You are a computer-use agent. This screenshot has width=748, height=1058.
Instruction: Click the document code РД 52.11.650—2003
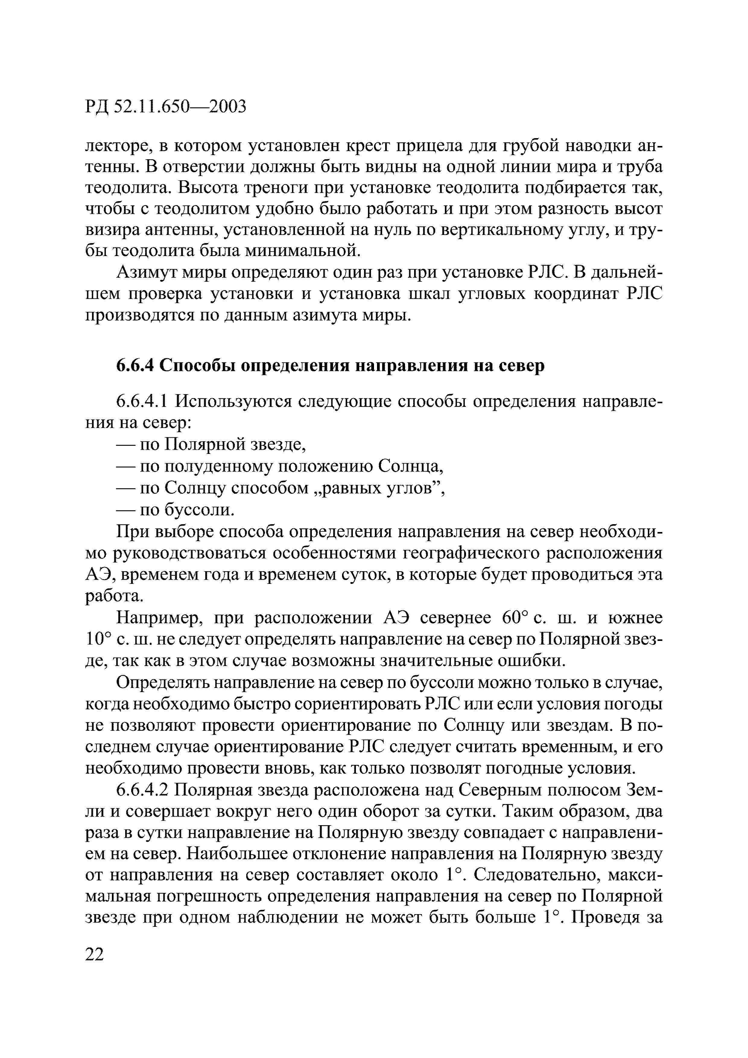166,107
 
